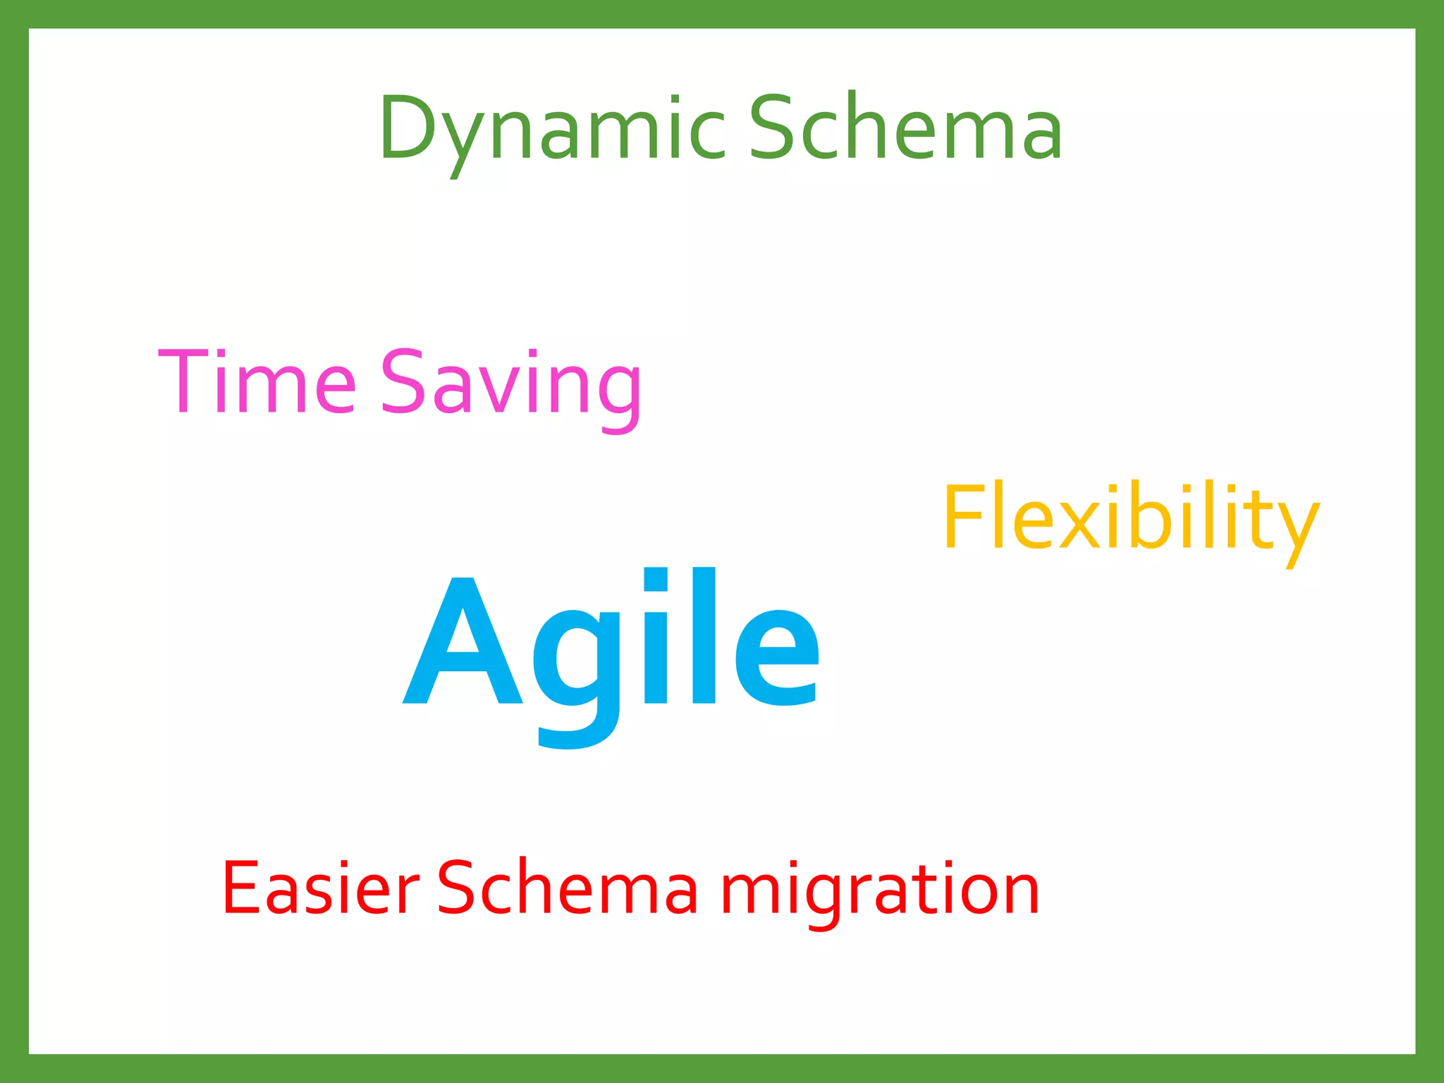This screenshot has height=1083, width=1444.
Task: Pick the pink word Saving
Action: click(x=511, y=384)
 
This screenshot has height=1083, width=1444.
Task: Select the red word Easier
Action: click(x=321, y=888)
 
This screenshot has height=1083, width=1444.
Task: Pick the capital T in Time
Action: click(x=184, y=381)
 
